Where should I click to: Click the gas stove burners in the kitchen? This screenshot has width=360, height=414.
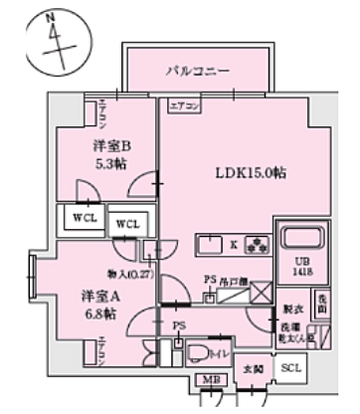(x=262, y=244)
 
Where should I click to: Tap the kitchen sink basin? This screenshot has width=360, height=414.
(x=211, y=244)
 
